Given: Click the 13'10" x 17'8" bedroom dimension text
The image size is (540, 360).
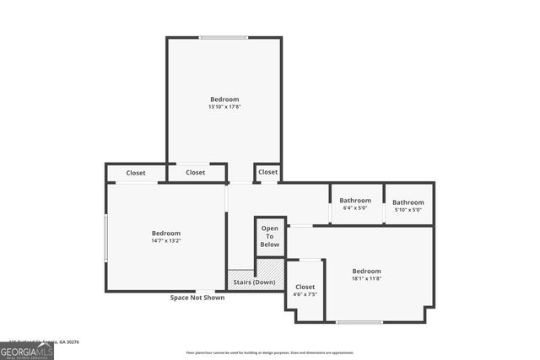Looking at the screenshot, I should pos(224,107).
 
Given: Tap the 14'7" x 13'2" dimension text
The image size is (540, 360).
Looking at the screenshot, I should pos(166,241).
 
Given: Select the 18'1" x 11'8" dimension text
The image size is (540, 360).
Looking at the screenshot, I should pos(366,279).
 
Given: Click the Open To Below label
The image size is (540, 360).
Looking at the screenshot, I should pos(269,237).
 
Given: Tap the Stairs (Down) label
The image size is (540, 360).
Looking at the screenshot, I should pos(254,282).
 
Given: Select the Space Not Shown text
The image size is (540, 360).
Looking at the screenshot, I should pos(197,298).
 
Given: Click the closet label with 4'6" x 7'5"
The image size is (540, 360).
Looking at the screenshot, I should pos(305,287).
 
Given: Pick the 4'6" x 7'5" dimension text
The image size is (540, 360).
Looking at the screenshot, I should pos(305,295).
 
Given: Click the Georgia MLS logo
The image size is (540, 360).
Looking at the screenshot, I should pos(27,350).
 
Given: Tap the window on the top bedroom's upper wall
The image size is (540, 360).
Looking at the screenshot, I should pos(224,37).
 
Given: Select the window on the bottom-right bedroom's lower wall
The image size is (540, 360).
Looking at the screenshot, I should pos(359,321).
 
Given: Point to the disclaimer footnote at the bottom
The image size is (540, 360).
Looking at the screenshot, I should pos(269,352).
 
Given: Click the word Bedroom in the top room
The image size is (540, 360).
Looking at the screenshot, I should pos(224,99).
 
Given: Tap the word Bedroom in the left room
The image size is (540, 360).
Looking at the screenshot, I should pos(166,234).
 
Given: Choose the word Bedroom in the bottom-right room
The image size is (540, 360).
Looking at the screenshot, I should pos(366,271).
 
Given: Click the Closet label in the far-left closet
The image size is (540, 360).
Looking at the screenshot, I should pos(136,173).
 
